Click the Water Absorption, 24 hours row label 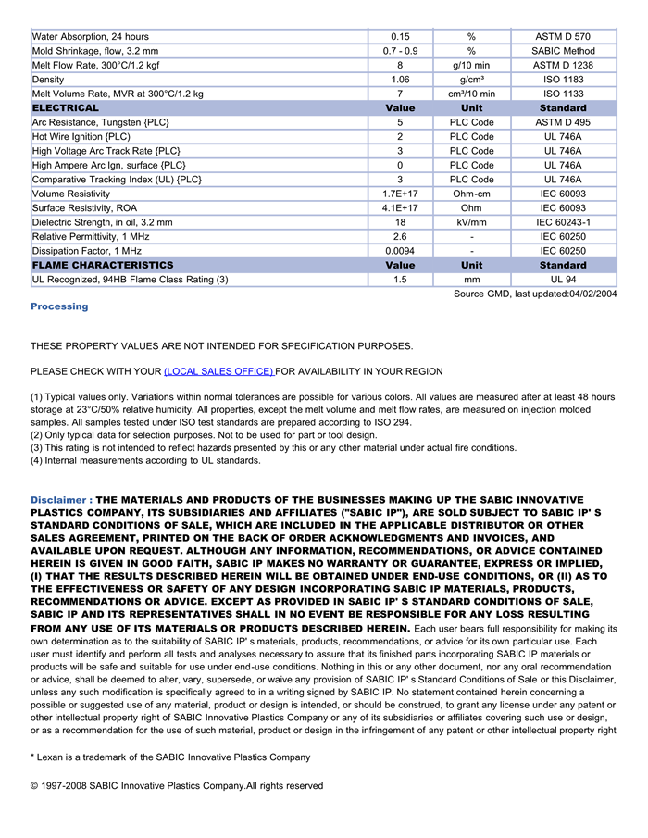(90, 36)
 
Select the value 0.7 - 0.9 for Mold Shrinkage (400, 51)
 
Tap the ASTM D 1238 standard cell (563, 65)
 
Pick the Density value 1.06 (400, 80)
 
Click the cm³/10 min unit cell (471, 94)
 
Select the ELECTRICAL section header (66, 108)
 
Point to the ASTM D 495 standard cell (563, 122)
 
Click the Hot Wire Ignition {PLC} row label (81, 136)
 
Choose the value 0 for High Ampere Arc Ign (400, 165)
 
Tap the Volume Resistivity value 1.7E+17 (400, 194)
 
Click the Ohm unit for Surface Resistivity (471, 208)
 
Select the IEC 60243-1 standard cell (563, 222)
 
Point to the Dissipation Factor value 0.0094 (400, 251)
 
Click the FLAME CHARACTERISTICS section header (103, 265)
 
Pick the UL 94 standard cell (563, 280)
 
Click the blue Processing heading (59, 306)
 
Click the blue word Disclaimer (60, 500)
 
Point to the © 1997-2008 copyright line (177, 786)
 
